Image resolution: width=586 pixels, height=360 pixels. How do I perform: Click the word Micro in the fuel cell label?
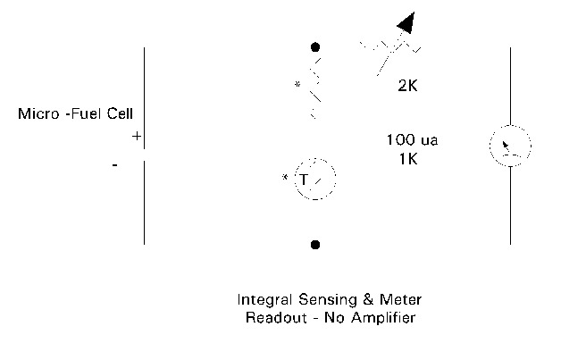tap(38, 114)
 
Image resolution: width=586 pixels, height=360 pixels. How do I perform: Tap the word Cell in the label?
tap(118, 114)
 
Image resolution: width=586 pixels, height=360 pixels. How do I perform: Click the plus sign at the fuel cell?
tap(136, 137)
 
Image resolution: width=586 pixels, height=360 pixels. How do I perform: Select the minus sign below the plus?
tap(115, 165)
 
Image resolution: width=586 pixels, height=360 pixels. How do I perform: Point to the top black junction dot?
tap(314, 46)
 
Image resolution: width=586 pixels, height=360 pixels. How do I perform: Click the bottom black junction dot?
tap(314, 244)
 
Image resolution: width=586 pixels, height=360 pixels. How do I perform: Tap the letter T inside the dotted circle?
tap(304, 180)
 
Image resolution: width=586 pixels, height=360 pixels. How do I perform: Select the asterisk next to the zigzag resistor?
tap(297, 86)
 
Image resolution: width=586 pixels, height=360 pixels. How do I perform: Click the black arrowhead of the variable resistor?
tap(406, 21)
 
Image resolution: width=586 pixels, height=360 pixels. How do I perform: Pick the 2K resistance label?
tap(409, 88)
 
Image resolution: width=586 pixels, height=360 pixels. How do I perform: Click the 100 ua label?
tap(412, 140)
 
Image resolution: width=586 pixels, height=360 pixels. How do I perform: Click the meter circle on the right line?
tap(510, 146)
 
